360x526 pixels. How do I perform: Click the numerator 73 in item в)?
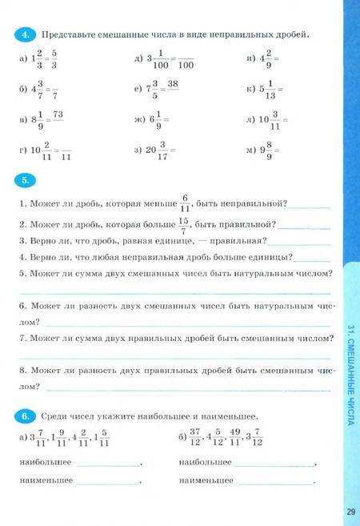(x=58, y=115)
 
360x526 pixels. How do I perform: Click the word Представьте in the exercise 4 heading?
(x=69, y=35)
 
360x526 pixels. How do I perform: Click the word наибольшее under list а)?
(x=45, y=463)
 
